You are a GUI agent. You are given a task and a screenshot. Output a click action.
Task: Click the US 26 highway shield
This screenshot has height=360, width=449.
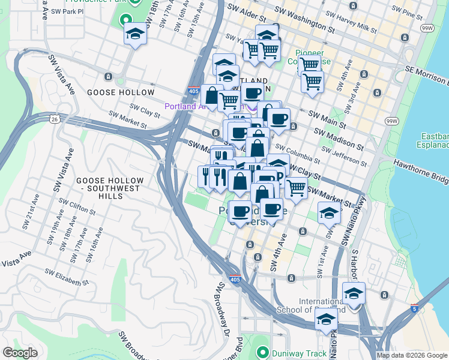click(x=55, y=119)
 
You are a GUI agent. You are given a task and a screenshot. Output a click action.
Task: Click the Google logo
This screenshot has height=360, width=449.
click(x=20, y=353)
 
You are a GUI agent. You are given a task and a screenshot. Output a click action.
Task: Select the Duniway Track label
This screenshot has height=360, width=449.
click(x=298, y=353)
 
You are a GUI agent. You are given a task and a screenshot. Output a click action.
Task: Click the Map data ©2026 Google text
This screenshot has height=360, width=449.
click(x=412, y=355)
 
